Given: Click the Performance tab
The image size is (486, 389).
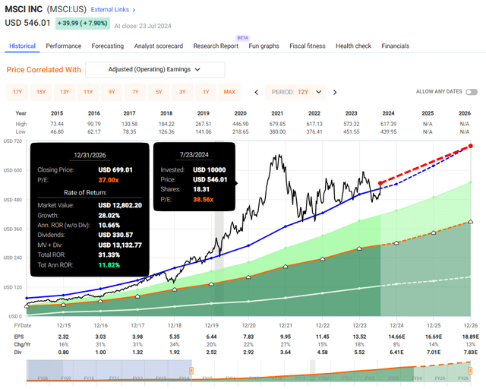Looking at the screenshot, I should pyautogui.click(x=64, y=46).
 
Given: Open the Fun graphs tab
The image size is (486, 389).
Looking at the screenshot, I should pyautogui.click(x=264, y=46).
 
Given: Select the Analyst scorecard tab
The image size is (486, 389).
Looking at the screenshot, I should pyautogui.click(x=159, y=46).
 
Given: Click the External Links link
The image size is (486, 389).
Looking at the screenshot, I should pyautogui.click(x=112, y=10).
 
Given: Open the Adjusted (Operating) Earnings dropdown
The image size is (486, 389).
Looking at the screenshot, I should pyautogui.click(x=155, y=70).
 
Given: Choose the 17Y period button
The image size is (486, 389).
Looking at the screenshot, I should pyautogui.click(x=17, y=92).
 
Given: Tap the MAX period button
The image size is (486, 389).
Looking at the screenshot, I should pyautogui.click(x=229, y=92).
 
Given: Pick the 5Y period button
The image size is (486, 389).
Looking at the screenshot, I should pyautogui.click(x=159, y=92).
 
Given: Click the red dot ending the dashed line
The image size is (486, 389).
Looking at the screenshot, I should pyautogui.click(x=471, y=146).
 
